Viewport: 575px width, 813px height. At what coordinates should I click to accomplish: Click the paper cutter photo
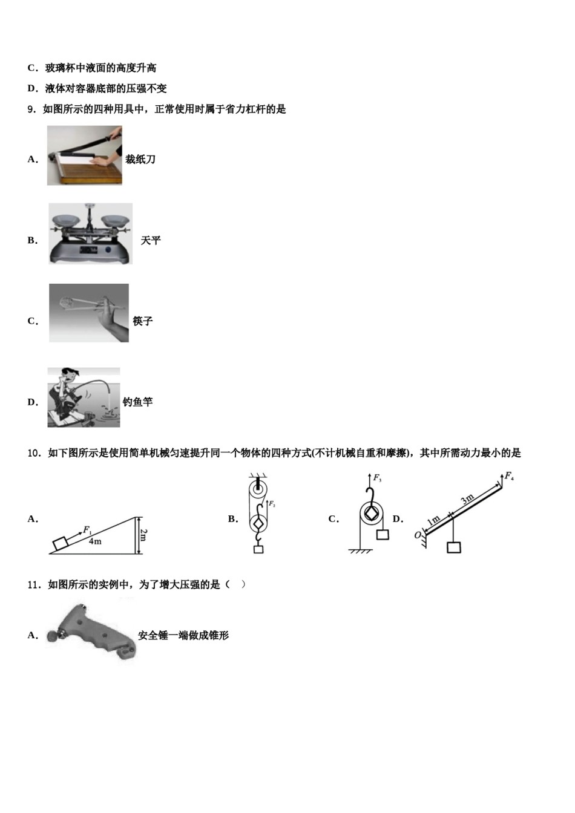(85, 155)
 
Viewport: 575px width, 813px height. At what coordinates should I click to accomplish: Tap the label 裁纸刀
(140, 160)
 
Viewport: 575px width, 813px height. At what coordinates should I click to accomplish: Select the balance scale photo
(90, 233)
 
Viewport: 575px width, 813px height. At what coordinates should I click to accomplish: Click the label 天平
(151, 241)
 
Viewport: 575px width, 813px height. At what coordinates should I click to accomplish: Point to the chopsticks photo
(89, 313)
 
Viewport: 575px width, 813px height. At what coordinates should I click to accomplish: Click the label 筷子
(143, 321)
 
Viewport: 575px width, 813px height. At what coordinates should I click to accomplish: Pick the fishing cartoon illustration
(84, 397)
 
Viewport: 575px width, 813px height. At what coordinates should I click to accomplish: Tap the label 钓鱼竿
(138, 402)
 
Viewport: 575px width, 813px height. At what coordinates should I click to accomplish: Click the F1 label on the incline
(88, 530)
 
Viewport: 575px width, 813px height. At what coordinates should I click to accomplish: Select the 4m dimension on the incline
(95, 541)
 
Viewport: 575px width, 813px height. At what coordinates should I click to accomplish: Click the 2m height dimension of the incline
(143, 535)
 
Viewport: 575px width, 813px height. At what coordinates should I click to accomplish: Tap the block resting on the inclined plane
(61, 543)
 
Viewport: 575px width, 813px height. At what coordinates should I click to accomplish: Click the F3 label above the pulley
(377, 478)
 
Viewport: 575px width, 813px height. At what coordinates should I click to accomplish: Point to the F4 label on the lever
(509, 475)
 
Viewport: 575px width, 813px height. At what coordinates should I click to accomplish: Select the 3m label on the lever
(467, 499)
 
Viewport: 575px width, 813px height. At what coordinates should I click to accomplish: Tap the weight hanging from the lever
(453, 547)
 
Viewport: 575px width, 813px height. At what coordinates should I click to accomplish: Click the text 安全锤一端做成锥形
(183, 636)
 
